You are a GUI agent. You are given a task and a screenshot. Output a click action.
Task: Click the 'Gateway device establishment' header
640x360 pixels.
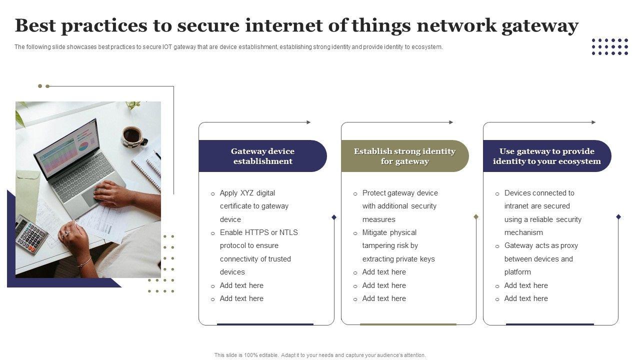click(x=262, y=156)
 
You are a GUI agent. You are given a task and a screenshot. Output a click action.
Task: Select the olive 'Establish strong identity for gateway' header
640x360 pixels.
click(x=404, y=156)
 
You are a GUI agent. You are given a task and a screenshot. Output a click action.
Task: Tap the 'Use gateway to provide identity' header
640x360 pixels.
click(x=546, y=156)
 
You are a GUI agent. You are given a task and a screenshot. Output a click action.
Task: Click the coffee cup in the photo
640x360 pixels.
click(x=132, y=135)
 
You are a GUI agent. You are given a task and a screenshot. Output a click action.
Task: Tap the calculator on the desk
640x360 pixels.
click(x=31, y=234)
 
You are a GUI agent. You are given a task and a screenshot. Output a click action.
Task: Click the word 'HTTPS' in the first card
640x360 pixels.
click(x=256, y=232)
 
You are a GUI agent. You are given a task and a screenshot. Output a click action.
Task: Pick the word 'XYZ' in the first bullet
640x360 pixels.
click(x=247, y=193)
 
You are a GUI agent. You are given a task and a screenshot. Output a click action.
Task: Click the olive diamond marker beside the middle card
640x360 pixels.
click(x=476, y=217)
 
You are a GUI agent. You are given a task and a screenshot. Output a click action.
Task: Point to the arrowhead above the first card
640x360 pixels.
click(x=308, y=122)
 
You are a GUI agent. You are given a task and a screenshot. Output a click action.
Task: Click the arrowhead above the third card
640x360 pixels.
click(x=593, y=122)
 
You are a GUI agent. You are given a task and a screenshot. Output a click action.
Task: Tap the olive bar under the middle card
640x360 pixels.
click(x=408, y=324)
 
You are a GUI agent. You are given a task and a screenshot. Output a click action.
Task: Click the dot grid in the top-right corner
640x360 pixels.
click(x=609, y=46)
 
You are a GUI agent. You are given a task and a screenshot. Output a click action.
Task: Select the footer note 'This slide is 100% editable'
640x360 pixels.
click(x=320, y=355)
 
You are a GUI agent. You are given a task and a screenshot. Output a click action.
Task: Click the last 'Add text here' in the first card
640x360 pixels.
click(x=241, y=298)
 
